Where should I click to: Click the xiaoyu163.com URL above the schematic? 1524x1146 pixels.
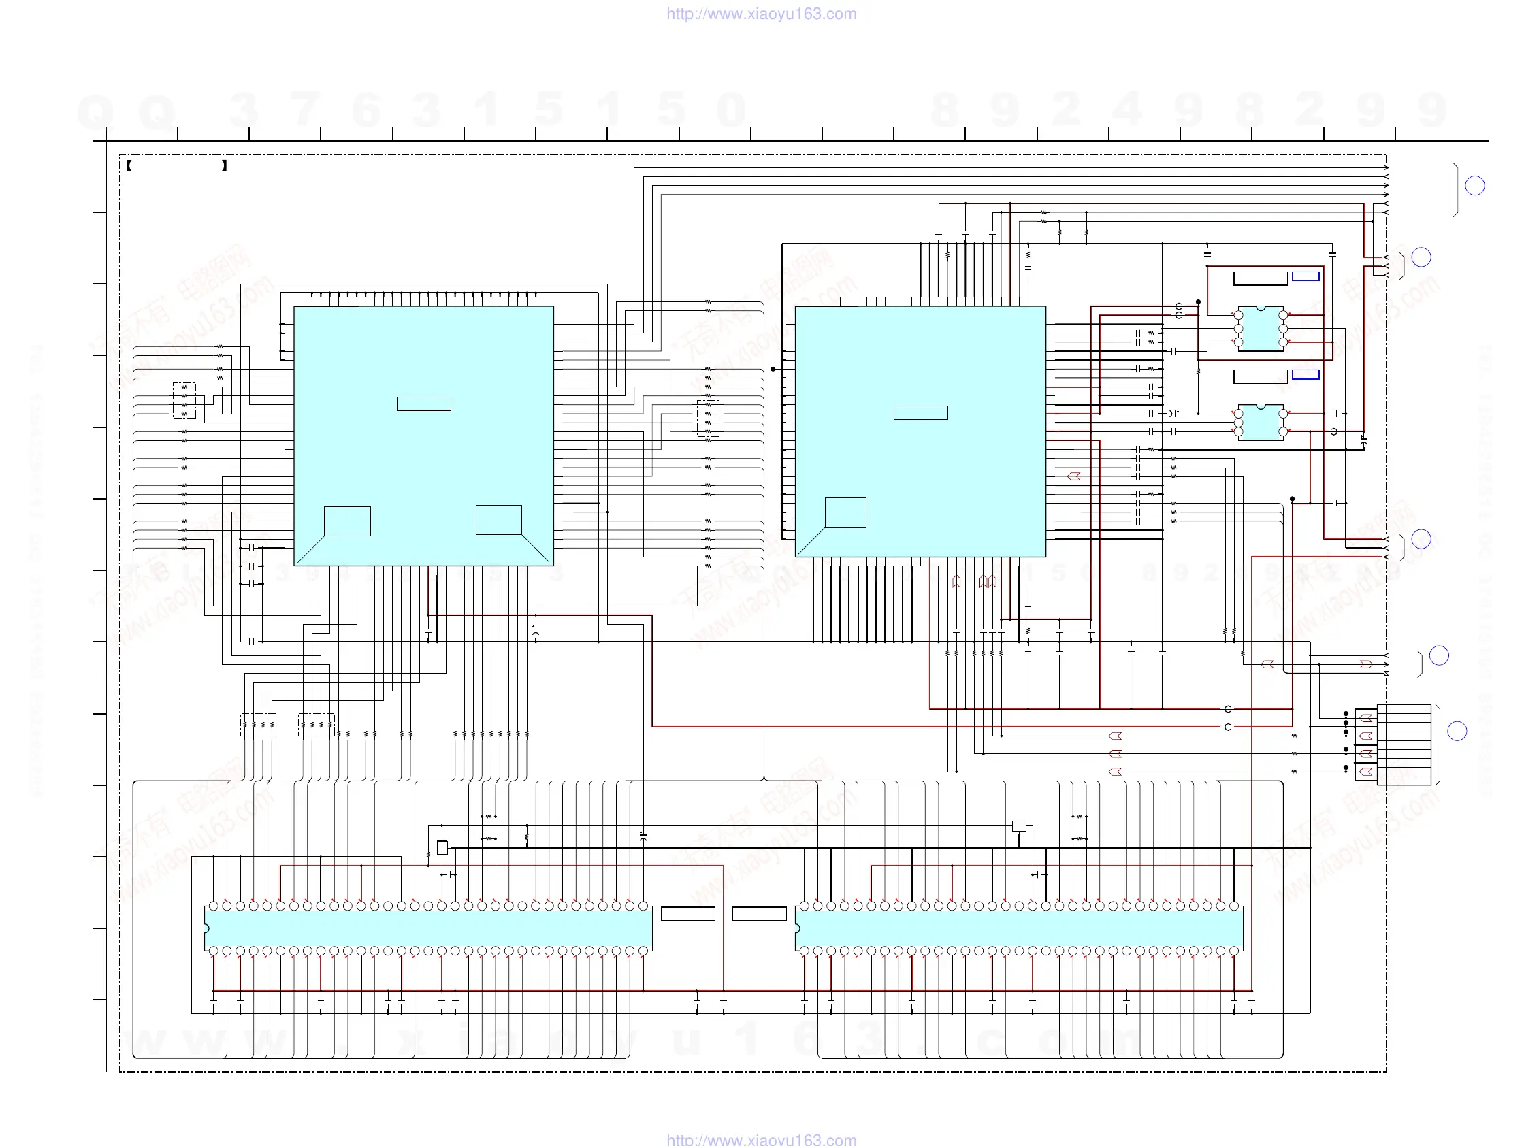(761, 14)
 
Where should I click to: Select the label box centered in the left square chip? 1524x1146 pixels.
(424, 404)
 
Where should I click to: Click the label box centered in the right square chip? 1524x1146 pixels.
(920, 412)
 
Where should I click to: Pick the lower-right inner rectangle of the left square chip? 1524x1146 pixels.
(498, 520)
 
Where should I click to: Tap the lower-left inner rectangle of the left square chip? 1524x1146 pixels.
(347, 521)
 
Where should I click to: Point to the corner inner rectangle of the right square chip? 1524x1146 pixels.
(845, 513)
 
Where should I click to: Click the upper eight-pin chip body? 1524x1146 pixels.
(1260, 329)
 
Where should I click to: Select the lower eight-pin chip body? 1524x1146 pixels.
(1260, 422)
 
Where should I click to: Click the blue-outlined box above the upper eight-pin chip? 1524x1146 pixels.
(1305, 276)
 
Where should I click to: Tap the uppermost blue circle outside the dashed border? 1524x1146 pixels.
(1474, 186)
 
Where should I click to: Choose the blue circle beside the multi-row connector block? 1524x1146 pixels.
(1457, 732)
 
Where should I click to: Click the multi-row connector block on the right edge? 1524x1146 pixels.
(1404, 744)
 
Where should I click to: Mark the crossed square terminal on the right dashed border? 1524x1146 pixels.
(1387, 674)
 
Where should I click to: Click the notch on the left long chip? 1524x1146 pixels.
(207, 928)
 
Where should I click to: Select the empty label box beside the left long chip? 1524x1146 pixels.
(687, 914)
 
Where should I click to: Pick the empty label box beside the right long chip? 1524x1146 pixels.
(759, 914)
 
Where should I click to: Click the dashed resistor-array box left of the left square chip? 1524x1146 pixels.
(184, 400)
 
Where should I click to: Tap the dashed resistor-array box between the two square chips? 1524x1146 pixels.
(708, 418)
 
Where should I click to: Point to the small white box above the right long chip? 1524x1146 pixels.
(1019, 825)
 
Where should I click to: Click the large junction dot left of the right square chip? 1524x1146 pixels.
(773, 369)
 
